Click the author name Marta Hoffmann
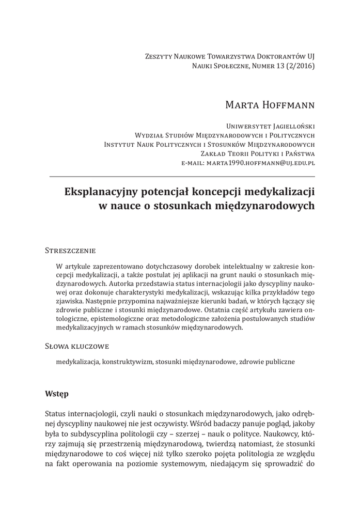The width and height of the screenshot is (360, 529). pyautogui.click(x=270, y=105)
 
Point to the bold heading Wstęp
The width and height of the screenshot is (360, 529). pyautogui.click(x=57, y=393)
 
